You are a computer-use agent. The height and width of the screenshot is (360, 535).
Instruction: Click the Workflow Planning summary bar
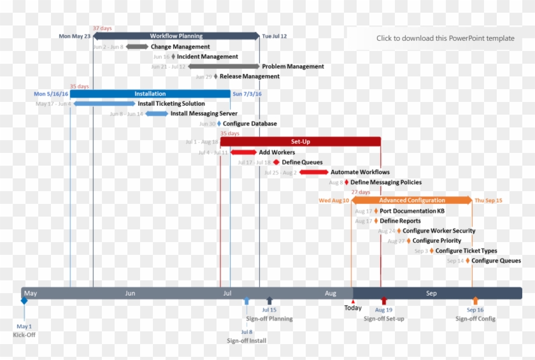pos(176,36)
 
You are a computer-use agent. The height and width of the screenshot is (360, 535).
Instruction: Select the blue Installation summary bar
pos(150,94)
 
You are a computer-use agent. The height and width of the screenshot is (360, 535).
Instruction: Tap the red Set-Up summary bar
pos(301,141)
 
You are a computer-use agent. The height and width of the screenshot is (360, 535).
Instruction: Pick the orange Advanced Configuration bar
pos(412,200)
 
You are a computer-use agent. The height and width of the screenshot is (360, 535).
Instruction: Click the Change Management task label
pos(180,47)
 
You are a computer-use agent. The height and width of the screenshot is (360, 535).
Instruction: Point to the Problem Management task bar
pos(224,66)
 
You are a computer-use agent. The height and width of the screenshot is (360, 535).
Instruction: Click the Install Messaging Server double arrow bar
pos(157,113)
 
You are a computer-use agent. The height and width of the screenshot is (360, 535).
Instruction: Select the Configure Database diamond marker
pos(219,124)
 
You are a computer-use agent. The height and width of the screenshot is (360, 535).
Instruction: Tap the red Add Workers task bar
pos(243,152)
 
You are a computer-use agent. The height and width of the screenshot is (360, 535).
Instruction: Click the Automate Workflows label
pos(360,172)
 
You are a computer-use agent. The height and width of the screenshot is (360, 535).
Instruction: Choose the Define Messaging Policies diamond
pos(346,182)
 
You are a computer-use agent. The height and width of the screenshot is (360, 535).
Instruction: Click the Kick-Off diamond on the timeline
pos(24,301)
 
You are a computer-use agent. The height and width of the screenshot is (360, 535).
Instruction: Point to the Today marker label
pos(353,308)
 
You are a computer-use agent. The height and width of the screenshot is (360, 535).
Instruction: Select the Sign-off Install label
pos(246,340)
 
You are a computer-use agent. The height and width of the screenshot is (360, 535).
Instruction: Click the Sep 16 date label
pos(475,310)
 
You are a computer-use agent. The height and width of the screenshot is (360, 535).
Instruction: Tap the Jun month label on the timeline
pos(130,293)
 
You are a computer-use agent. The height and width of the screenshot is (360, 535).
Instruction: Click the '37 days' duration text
pos(102,29)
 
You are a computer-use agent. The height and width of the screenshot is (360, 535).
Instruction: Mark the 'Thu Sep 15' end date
pos(489,200)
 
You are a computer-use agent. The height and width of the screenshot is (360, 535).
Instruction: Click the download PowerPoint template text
pos(445,38)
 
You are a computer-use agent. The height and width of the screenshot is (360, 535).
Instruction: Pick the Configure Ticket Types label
pos(466,250)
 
